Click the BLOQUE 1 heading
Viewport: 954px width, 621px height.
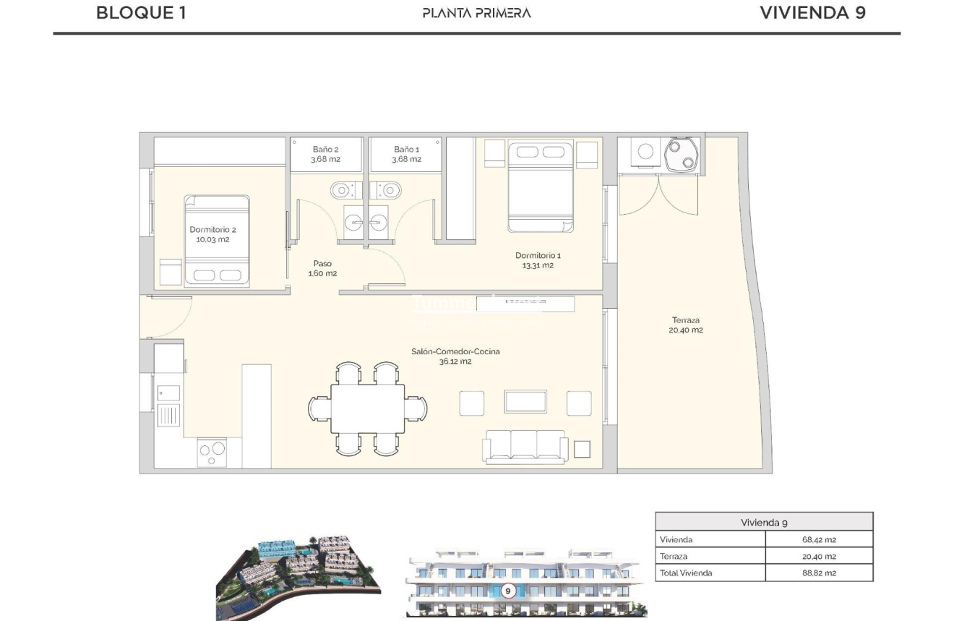click(x=141, y=13)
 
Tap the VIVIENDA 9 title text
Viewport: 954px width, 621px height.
click(x=812, y=13)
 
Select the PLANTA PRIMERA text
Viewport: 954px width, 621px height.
click(x=476, y=13)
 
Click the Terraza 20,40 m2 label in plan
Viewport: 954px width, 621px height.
click(x=685, y=325)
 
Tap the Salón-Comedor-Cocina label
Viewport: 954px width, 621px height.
click(x=455, y=356)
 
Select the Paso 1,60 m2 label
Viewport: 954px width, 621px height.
click(x=322, y=268)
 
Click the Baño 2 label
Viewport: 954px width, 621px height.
click(x=326, y=154)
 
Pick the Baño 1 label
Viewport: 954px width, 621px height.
click(x=406, y=154)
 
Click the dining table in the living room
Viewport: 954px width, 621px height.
click(x=367, y=408)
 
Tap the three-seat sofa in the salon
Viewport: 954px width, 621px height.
click(x=525, y=446)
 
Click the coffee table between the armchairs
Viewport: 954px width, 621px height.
click(x=525, y=401)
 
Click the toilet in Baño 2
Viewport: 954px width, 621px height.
click(x=342, y=190)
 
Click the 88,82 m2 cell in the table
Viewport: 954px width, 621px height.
click(x=819, y=573)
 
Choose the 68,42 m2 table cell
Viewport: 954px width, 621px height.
click(x=819, y=539)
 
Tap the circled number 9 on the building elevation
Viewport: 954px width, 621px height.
click(x=507, y=591)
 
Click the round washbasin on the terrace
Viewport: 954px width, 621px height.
click(x=681, y=153)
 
